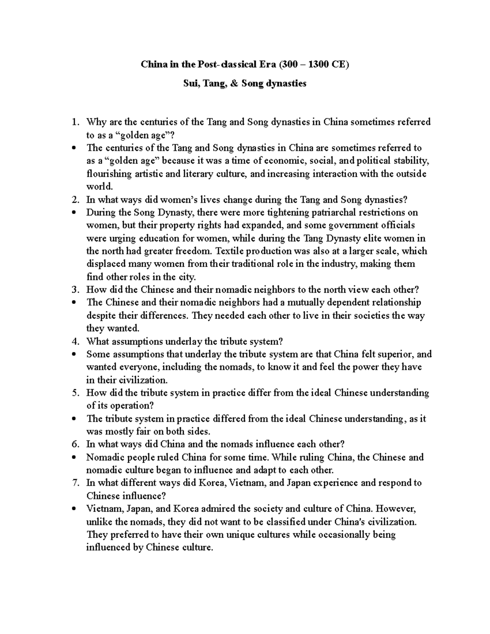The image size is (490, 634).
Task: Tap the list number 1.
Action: click(x=74, y=122)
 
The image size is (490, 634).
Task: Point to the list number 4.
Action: click(x=74, y=341)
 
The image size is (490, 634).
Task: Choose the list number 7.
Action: click(x=74, y=483)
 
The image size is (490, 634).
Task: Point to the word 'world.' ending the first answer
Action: click(x=99, y=187)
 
